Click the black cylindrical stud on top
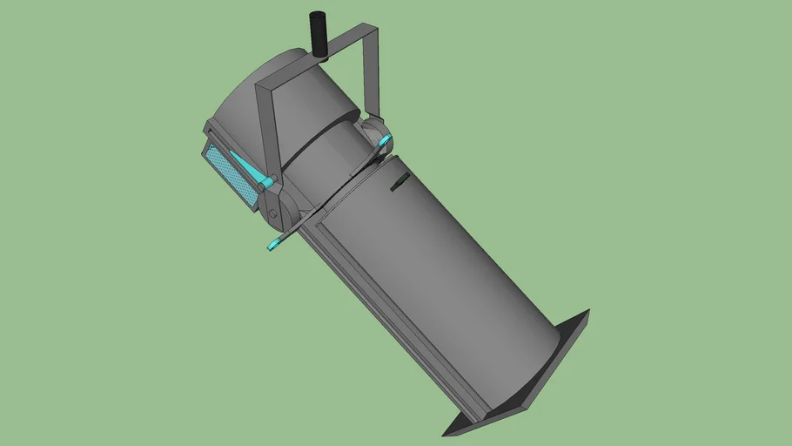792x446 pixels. point(318,33)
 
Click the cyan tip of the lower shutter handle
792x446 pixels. point(274,244)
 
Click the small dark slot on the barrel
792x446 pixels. point(399,180)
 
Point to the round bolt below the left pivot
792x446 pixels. point(272,213)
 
